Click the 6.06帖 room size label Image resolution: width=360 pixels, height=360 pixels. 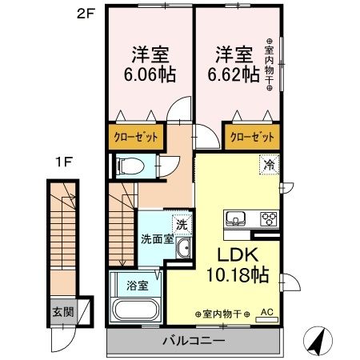point(150,74)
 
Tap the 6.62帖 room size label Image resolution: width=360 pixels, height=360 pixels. point(235,74)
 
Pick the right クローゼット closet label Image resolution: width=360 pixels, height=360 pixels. point(252,136)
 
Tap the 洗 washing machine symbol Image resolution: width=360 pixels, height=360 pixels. point(182,225)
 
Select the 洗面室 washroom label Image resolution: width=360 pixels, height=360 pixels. point(157,238)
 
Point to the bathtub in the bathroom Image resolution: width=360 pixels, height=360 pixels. point(135,310)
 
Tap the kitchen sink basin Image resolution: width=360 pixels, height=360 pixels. point(238,218)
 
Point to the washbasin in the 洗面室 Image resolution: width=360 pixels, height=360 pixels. point(183,250)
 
